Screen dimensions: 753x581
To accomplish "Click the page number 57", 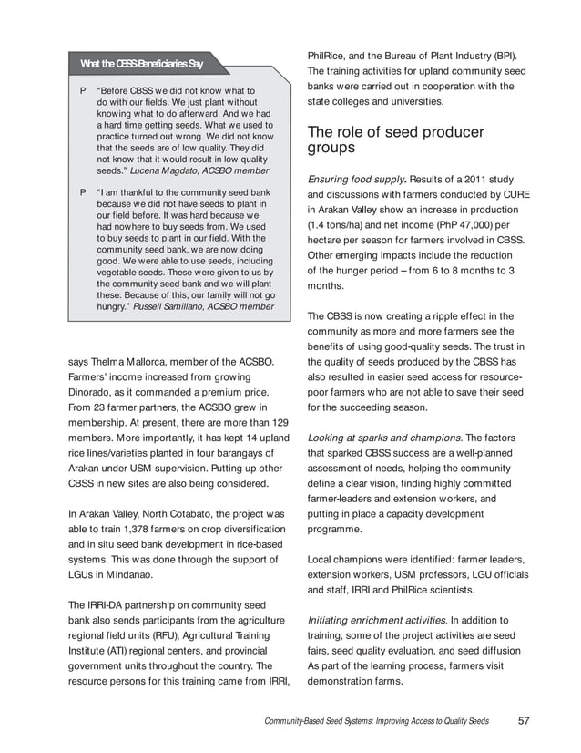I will click(524, 720).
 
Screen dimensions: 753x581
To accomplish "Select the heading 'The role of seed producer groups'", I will click(394, 139).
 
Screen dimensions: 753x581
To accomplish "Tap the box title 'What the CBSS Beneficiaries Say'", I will click(141, 64).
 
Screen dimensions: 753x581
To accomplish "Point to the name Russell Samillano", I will click(172, 306).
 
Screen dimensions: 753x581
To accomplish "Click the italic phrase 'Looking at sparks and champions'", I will click(385, 436).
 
